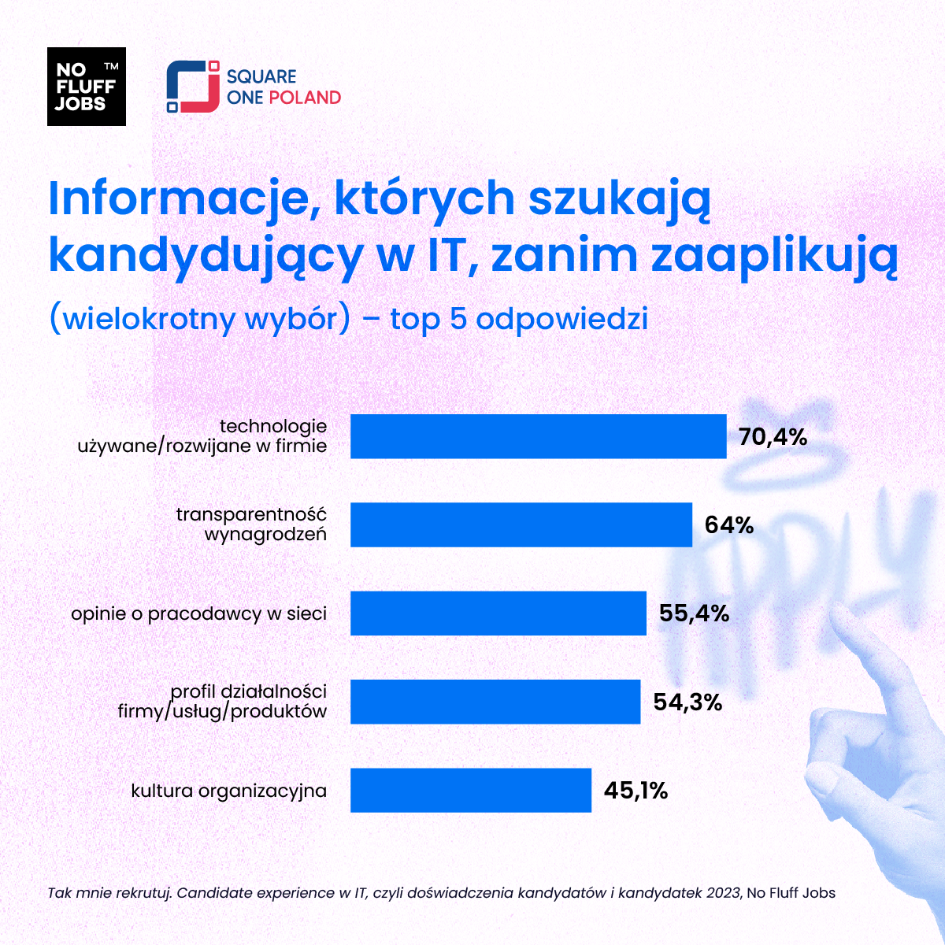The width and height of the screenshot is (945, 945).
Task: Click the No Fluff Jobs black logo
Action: pos(87,87)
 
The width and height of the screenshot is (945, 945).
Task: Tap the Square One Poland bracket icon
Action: pos(193,87)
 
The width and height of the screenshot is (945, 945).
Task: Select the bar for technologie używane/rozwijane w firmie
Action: pos(538,436)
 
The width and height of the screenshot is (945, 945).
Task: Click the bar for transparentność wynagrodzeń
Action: pos(521,524)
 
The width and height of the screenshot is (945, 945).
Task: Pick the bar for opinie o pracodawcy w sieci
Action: pos(498,613)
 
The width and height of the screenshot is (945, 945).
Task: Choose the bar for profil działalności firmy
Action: pos(495,701)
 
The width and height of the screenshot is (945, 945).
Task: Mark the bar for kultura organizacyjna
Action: pos(470,790)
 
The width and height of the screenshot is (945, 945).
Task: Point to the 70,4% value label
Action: pos(773,437)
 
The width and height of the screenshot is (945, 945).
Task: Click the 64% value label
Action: pos(729,525)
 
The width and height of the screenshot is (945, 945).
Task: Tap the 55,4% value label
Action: pos(694,613)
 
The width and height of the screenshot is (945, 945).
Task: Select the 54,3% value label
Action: pos(687,702)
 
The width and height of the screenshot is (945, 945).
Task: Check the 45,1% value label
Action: pos(636,790)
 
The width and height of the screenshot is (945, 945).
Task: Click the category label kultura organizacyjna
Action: pos(228,790)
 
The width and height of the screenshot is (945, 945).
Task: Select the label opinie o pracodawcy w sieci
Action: pos(198,613)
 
